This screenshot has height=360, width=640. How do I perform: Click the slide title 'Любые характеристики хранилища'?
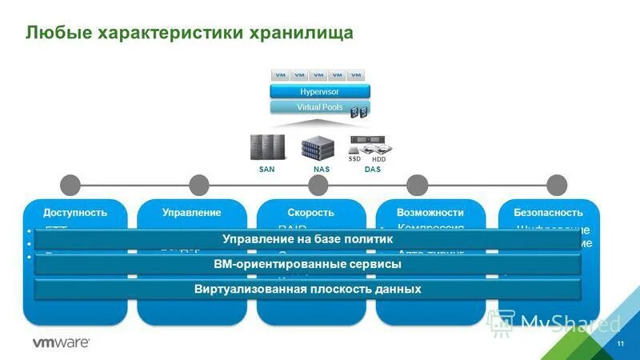click(189, 33)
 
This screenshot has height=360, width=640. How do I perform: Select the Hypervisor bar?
click(319, 92)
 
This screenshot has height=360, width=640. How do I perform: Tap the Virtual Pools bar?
click(319, 107)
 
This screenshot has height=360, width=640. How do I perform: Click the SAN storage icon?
click(267, 146)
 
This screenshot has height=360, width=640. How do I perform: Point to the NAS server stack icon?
click(317, 148)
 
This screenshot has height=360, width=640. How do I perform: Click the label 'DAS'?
click(372, 170)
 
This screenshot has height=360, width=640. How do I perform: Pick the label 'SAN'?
click(267, 170)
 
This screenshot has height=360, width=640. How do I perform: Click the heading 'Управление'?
click(191, 213)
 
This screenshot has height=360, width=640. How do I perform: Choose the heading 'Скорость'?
click(310, 213)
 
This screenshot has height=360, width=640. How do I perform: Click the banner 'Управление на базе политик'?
click(307, 239)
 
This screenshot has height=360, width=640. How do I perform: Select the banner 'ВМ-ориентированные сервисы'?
click(307, 264)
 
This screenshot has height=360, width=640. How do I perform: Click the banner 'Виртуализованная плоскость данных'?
click(307, 289)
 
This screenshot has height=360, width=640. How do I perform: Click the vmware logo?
click(60, 342)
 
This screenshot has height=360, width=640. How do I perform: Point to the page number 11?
click(620, 342)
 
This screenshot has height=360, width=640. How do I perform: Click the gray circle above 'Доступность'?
click(71, 185)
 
